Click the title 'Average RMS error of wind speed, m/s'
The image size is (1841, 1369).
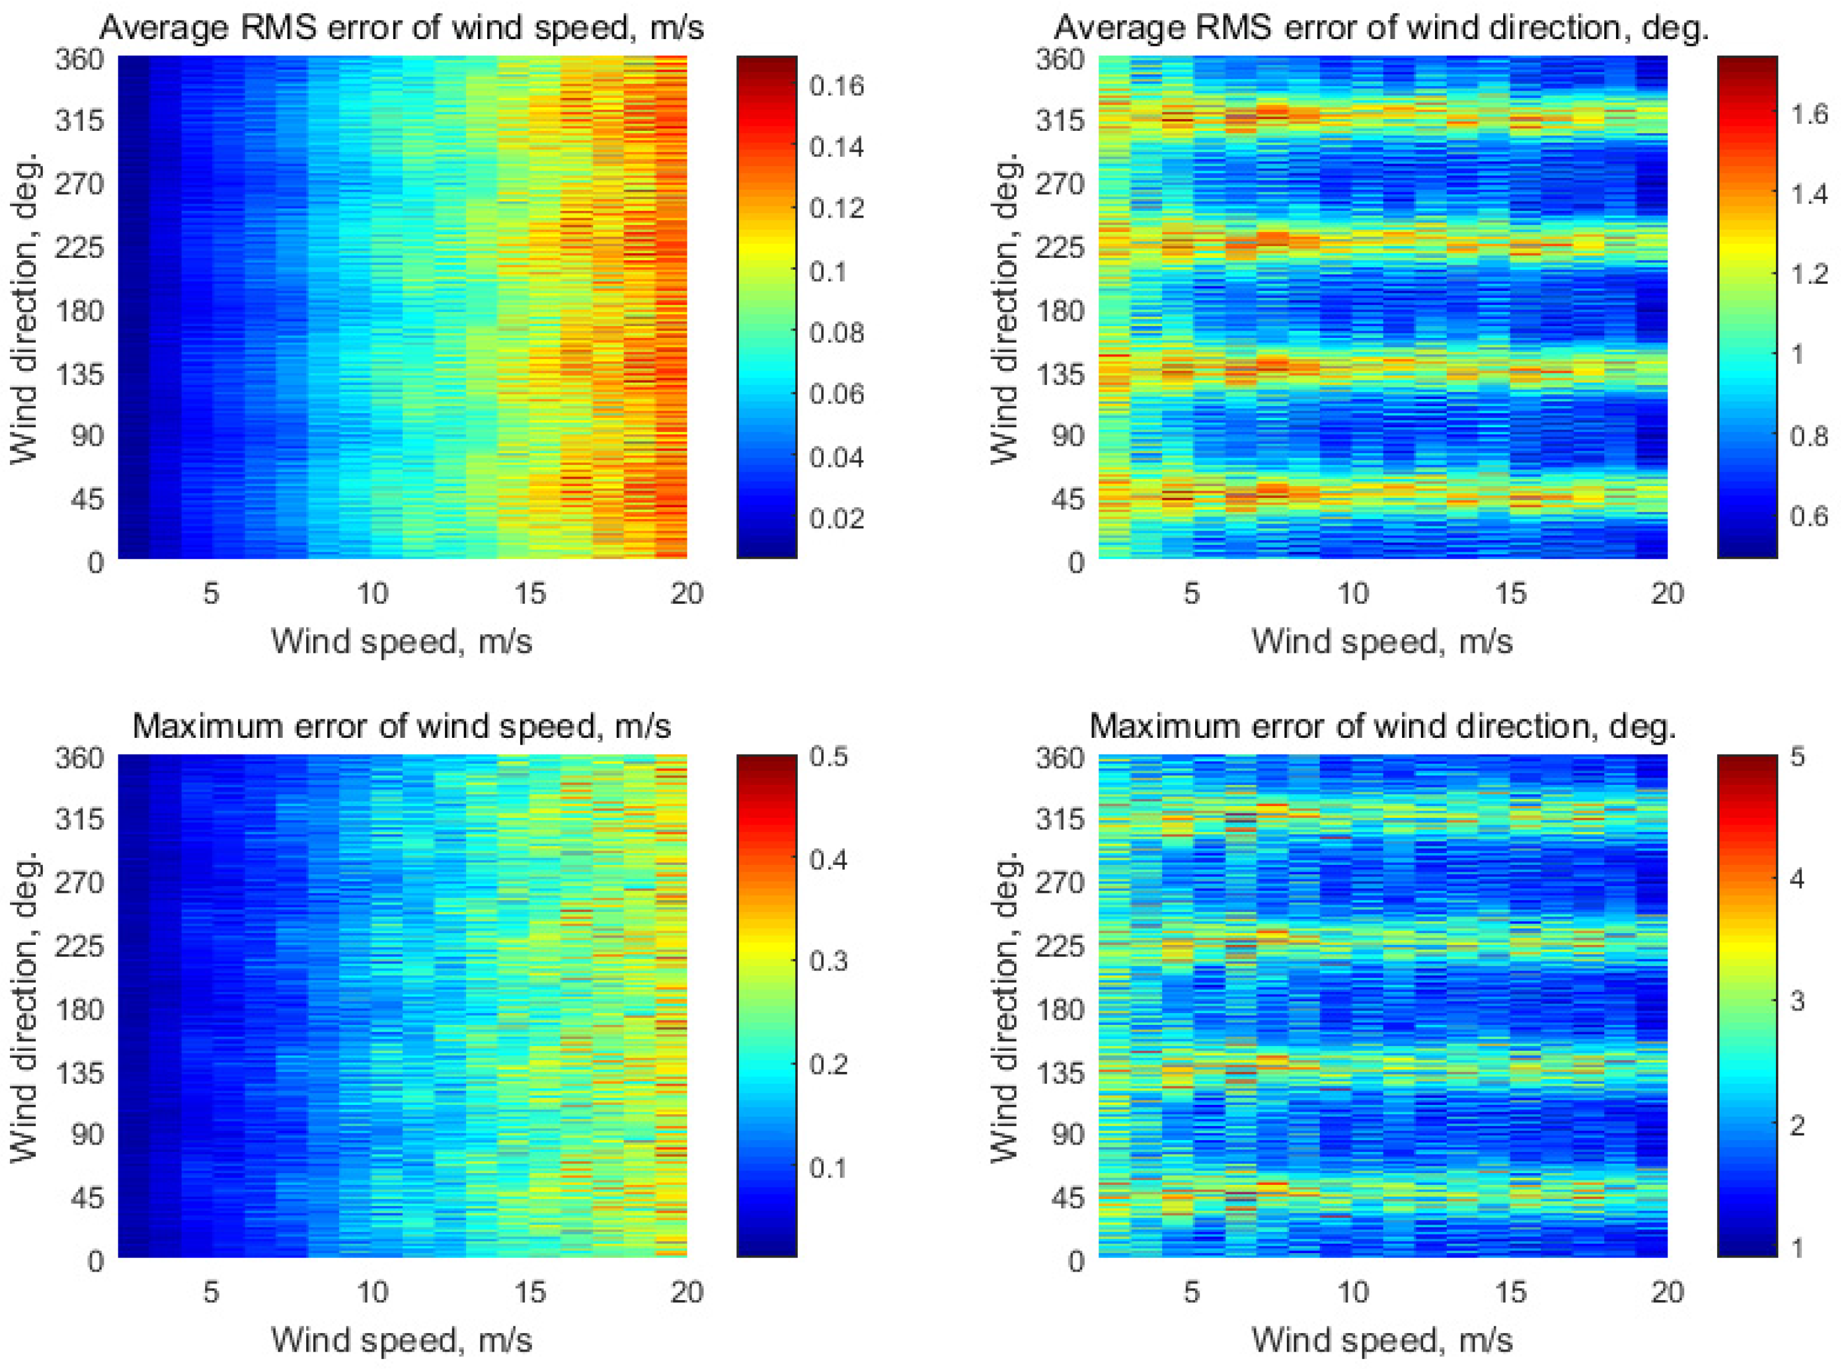(401, 28)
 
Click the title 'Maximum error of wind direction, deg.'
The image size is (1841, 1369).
(1382, 727)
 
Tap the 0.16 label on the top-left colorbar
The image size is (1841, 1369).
(836, 86)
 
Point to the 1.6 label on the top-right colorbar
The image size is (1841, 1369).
(1809, 113)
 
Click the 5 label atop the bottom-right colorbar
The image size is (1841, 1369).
(1797, 756)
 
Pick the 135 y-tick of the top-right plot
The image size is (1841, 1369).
(1060, 374)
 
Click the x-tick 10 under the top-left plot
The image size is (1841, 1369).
(372, 593)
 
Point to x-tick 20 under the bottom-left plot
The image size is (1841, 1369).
(686, 1292)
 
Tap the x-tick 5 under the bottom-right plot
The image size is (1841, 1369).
(1191, 1292)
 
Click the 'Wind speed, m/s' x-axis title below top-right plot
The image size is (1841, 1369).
(1382, 641)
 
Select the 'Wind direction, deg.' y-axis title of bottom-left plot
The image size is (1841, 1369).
(25, 1006)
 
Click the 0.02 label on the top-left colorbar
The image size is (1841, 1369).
(836, 519)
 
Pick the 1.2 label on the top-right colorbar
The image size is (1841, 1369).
(1809, 273)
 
